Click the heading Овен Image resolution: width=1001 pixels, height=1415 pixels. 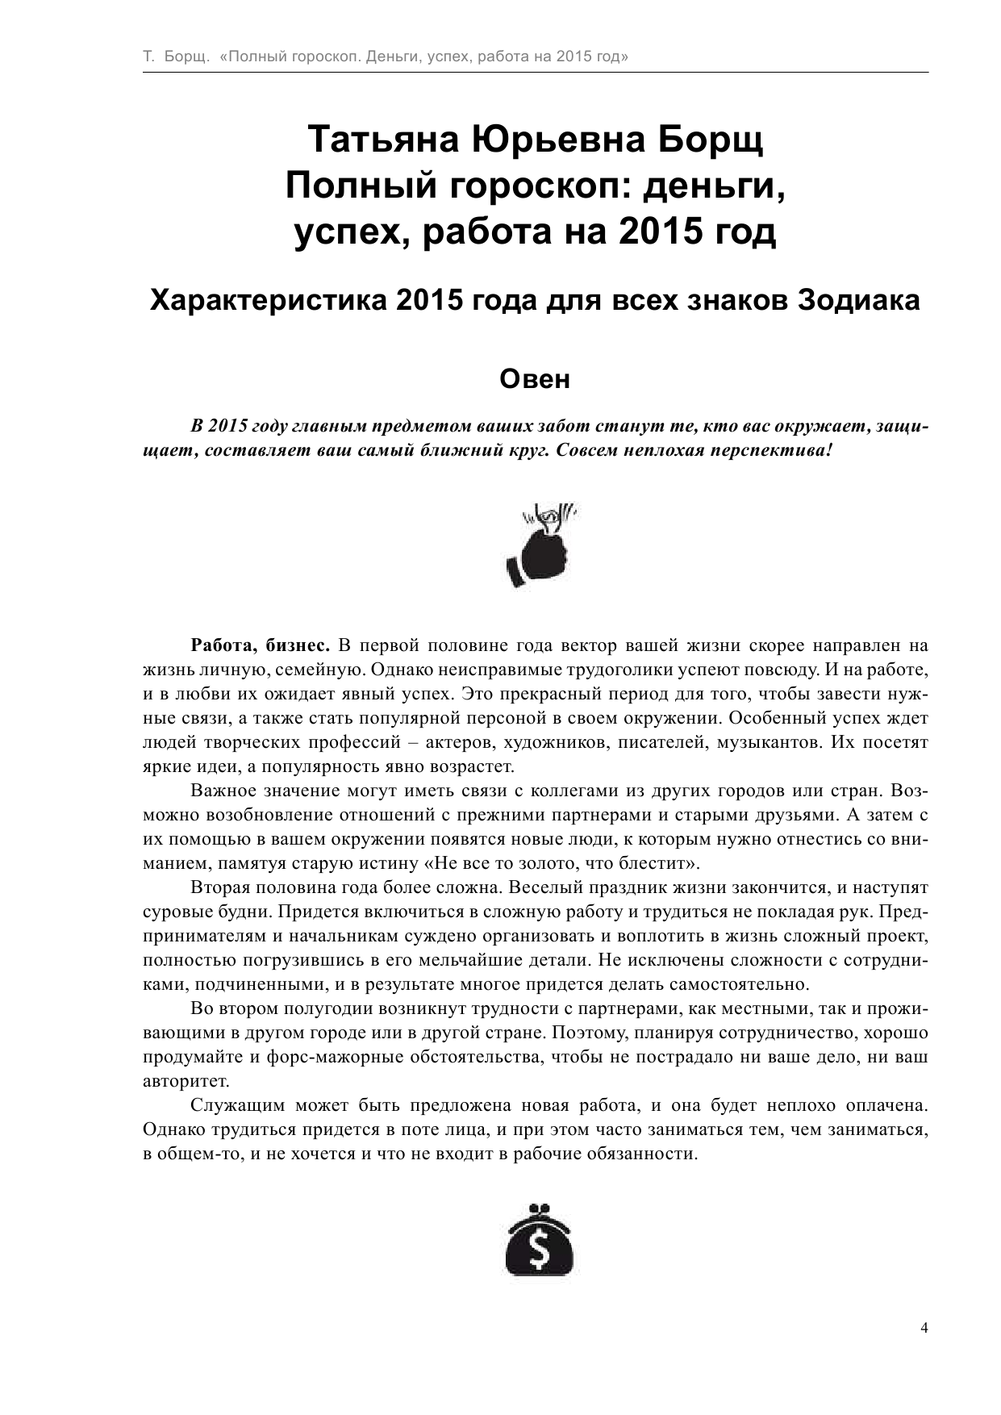535,379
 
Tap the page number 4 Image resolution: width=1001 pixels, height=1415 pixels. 924,1328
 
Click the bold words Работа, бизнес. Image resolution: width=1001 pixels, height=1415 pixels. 260,645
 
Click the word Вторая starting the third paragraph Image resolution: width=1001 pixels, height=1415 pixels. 219,887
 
